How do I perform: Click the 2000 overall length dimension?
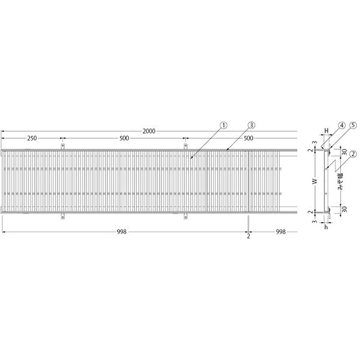coord(149,131)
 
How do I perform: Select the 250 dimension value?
coord(32,138)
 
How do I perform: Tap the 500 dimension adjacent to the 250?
coord(124,138)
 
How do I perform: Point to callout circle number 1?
coord(223,125)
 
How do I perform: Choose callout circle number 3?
coord(251,125)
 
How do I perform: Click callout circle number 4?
coord(342,125)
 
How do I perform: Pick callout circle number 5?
coord(353,125)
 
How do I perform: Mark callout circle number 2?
coord(353,154)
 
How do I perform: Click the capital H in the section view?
coord(326,131)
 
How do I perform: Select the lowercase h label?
coord(326,227)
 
